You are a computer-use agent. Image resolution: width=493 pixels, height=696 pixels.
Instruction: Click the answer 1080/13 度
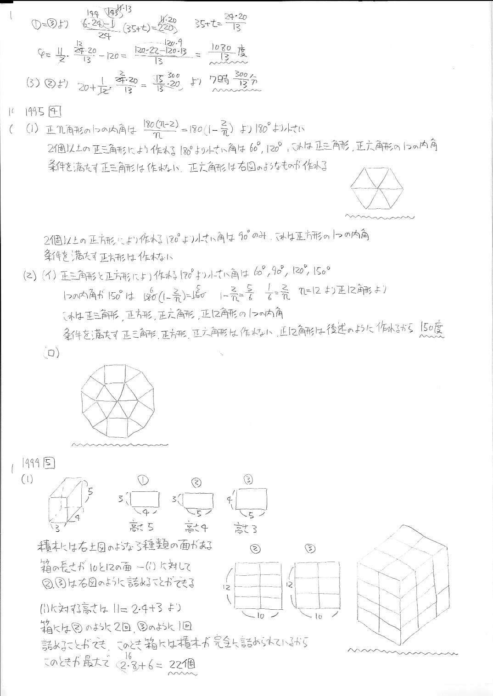[228, 51]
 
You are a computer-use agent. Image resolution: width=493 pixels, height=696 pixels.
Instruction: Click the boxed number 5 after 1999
[49, 463]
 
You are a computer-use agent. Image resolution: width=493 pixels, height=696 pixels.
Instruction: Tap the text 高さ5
[140, 527]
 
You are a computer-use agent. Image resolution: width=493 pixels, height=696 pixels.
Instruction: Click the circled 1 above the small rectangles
[143, 480]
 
